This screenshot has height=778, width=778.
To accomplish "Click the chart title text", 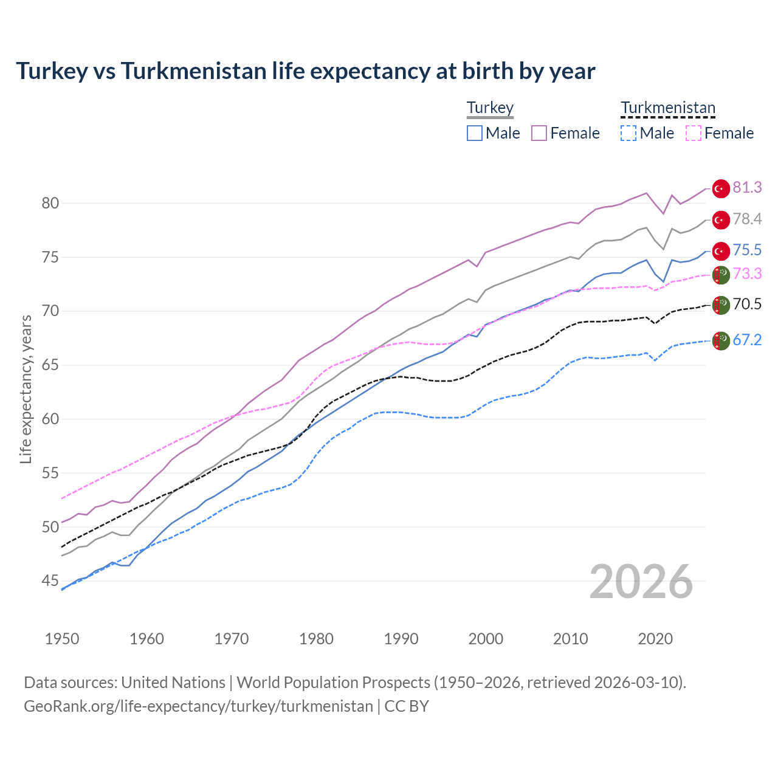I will click(x=305, y=71).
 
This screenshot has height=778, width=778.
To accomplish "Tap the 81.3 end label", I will click(x=747, y=187).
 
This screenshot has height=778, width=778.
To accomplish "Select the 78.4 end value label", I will click(x=747, y=219).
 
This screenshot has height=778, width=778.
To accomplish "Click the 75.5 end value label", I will click(x=747, y=250).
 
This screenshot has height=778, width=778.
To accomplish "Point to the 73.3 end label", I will click(x=747, y=274).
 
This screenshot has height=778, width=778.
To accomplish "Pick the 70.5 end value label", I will click(x=747, y=304).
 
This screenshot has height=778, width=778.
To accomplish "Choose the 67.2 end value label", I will click(x=747, y=340).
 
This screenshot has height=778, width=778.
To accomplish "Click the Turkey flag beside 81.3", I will click(x=721, y=188).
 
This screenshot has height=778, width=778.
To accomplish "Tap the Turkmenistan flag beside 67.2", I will click(x=721, y=340).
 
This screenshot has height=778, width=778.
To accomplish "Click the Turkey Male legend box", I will click(x=475, y=133).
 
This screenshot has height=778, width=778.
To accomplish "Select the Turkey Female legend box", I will click(x=539, y=133).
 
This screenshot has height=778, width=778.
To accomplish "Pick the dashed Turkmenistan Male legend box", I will click(x=628, y=133).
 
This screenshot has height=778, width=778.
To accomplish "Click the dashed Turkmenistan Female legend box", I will click(x=694, y=133).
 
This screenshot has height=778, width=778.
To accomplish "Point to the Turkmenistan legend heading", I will click(x=668, y=108).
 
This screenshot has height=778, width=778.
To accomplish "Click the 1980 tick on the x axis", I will click(x=317, y=639).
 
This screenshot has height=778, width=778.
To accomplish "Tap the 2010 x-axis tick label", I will click(x=570, y=639).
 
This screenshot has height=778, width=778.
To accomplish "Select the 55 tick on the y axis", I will click(x=50, y=473).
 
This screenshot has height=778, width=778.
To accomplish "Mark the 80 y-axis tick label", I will click(x=50, y=203).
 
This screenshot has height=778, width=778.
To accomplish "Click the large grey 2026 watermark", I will click(x=641, y=582).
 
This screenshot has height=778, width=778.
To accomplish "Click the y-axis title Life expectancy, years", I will click(x=26, y=389).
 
